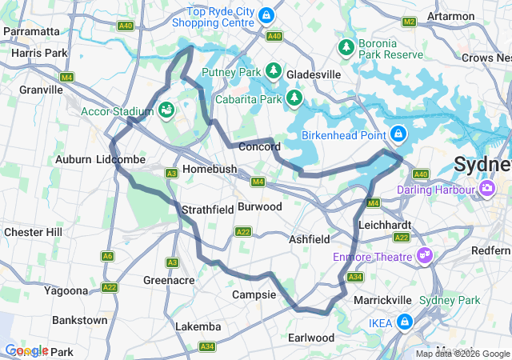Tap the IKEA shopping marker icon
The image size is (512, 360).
[x=406, y=322]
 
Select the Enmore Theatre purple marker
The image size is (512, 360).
[x=425, y=256]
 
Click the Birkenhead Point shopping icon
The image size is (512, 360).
[x=398, y=134]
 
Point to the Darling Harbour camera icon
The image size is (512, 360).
[x=486, y=190]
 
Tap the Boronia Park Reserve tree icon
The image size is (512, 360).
[x=347, y=49]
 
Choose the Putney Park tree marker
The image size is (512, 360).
[x=274, y=72]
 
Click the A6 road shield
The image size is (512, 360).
[x=107, y=256]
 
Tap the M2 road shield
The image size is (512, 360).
[x=410, y=21]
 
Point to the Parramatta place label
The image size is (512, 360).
[x=31, y=31]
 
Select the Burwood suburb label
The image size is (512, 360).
[x=260, y=206]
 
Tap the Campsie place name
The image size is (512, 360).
[x=254, y=295]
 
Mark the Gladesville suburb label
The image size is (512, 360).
[x=314, y=74]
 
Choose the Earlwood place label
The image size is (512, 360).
[x=311, y=338]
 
